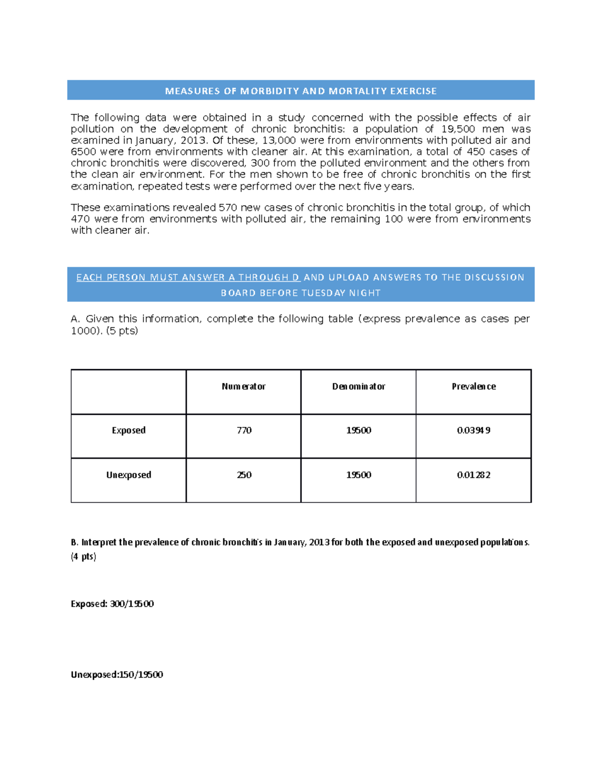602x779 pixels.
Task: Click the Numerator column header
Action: (243, 386)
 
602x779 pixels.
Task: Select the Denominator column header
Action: (358, 386)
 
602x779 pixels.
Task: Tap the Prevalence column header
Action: (474, 386)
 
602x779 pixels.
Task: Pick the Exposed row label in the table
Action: (128, 430)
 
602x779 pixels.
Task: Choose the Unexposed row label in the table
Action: (128, 475)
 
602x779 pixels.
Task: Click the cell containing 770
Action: (244, 430)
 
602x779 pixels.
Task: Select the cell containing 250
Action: (244, 475)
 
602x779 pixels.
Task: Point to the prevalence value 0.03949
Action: (474, 430)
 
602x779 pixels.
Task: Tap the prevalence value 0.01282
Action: (474, 475)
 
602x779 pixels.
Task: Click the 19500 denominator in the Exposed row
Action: (358, 430)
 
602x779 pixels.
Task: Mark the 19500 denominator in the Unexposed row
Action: (358, 475)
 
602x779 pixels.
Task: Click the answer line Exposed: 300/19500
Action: (112, 603)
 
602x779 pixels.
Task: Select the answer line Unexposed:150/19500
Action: (117, 674)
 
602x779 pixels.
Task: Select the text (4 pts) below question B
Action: (83, 556)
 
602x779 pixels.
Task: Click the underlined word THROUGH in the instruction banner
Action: (264, 277)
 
